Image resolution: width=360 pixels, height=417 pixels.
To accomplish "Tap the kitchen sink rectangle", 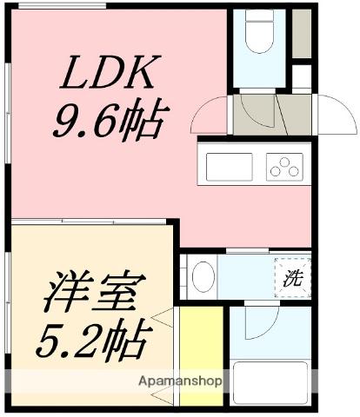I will [x=229, y=165].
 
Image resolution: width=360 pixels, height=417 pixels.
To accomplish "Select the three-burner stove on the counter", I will [x=284, y=165].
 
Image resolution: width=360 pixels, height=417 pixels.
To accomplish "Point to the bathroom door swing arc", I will [x=261, y=328].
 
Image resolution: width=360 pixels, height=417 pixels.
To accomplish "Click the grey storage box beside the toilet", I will [x=301, y=33].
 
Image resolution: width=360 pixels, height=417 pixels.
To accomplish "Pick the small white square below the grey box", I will [x=301, y=76].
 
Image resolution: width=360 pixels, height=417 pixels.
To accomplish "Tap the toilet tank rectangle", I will [x=258, y=17].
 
